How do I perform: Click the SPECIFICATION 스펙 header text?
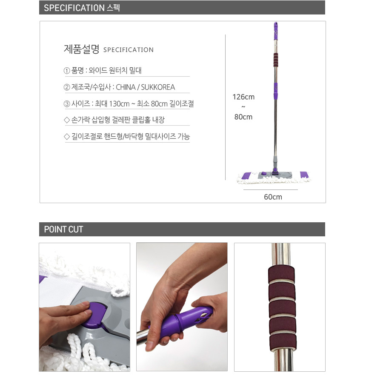(82, 8)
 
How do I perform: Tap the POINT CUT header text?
(63, 230)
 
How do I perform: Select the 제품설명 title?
(81, 49)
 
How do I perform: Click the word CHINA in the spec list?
(126, 87)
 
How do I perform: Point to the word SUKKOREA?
(158, 87)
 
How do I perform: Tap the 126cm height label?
(243, 97)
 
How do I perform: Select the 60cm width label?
(273, 197)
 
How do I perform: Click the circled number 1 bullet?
(67, 71)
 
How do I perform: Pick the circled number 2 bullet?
(67, 87)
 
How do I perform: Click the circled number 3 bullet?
(67, 103)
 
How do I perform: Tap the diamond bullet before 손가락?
(67, 120)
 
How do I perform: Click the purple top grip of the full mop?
(276, 31)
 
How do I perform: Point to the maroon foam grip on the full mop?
(276, 60)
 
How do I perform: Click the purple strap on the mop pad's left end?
(246, 176)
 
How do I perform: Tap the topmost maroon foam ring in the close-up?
(281, 274)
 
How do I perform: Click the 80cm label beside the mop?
(243, 117)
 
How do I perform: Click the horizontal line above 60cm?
(271, 189)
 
